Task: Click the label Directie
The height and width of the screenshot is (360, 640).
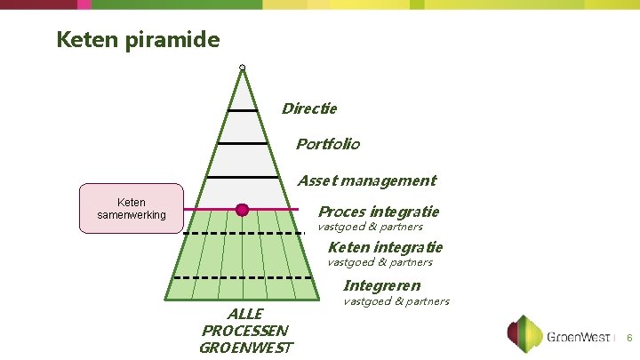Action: [x=309, y=108]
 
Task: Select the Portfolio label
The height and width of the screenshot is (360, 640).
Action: [x=327, y=143]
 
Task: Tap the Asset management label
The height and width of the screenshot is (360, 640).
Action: [x=366, y=180]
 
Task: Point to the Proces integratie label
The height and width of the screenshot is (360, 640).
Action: [x=378, y=212]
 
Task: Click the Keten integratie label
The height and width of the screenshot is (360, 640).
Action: [x=385, y=246]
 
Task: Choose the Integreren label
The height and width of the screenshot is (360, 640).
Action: [x=381, y=285]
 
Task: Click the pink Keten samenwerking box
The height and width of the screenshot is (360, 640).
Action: [x=132, y=209]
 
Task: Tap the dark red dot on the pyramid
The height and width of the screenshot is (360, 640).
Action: [x=242, y=210]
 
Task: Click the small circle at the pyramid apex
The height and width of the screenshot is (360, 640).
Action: [x=242, y=68]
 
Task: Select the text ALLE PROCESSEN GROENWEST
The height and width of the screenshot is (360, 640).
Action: [x=245, y=331]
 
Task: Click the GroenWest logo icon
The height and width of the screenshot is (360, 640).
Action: [x=524, y=335]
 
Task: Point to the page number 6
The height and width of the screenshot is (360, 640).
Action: [x=629, y=339]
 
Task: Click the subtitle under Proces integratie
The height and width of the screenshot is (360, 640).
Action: [x=370, y=227]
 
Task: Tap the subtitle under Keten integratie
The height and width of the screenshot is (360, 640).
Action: [x=380, y=262]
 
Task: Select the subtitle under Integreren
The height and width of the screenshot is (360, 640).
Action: [x=396, y=301]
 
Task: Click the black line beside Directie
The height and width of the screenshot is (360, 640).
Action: [x=242, y=110]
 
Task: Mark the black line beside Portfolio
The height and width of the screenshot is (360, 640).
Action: [x=242, y=143]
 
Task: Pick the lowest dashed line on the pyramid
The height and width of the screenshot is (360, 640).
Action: [x=242, y=277]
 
